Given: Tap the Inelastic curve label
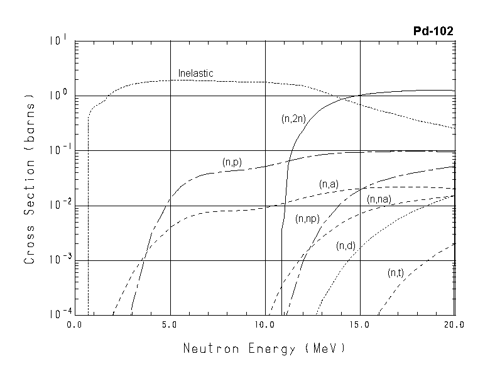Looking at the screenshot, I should click(196, 73).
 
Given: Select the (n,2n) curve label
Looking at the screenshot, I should click(293, 118).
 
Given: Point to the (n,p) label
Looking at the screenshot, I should click(232, 162).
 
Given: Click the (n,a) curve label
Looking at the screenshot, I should click(329, 184).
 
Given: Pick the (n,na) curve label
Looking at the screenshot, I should click(379, 199).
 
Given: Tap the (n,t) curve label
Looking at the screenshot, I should click(395, 272).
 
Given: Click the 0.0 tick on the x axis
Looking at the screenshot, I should click(75, 326).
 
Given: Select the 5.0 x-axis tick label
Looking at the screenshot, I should click(170, 326).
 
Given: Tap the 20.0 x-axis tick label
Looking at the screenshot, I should click(453, 326).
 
